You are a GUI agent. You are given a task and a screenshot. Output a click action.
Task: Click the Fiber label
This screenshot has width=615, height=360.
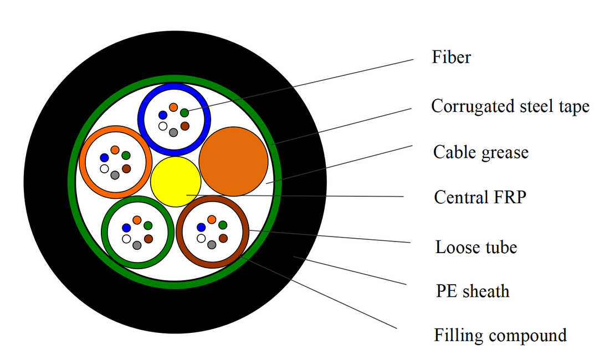pos(451,57)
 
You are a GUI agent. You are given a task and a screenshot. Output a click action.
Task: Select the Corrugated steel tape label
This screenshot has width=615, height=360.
pos(510,106)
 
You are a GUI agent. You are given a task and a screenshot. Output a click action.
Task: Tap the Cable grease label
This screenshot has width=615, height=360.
pos(481,152)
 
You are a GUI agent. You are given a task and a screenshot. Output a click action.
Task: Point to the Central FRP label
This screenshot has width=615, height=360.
pos(480,197)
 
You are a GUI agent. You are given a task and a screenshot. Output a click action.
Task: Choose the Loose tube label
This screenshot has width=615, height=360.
pos(476,247)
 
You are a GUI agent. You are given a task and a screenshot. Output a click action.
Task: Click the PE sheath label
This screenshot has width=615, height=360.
pos(473,291)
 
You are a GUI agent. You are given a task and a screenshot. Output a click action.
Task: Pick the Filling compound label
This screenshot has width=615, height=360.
pos(500,336)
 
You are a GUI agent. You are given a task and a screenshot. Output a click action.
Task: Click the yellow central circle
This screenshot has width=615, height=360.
pos(176,182)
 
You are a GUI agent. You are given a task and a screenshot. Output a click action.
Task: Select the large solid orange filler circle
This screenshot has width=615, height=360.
pos(233,161)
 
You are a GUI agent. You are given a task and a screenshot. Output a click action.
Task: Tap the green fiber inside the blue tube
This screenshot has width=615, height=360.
pos(184,113)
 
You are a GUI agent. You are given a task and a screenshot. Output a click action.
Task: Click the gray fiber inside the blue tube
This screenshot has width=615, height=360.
pos(173,132)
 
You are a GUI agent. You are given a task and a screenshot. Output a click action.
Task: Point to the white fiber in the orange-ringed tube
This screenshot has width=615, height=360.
pos(104,169)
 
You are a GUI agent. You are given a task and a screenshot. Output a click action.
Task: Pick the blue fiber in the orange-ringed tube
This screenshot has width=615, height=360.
pos(104,158)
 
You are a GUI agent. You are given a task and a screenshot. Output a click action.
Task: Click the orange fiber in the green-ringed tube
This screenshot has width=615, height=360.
pos(137,220)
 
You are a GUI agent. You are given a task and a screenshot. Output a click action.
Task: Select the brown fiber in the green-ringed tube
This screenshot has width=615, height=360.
pos(148,239)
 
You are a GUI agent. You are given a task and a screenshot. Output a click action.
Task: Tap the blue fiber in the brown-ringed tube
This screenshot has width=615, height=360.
pos(201,228)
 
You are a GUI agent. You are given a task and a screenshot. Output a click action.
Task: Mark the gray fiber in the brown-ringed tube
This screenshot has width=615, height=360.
pos(212,245)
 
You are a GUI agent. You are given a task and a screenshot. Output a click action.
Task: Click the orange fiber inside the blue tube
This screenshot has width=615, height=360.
pos(173,107)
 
